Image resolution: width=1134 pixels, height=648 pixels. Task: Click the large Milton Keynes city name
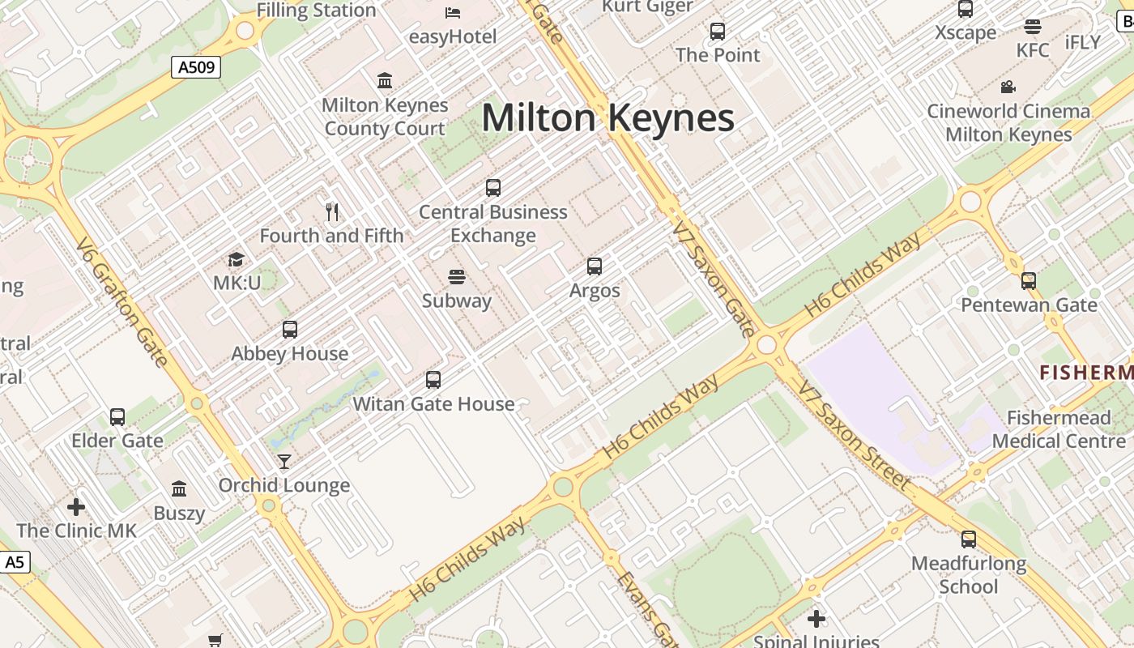click(607, 118)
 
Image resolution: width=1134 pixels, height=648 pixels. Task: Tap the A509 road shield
click(196, 67)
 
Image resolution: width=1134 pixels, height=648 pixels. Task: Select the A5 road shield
click(14, 562)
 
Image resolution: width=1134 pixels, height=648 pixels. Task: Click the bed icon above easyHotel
click(453, 12)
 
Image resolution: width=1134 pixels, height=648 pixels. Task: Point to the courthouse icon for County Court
click(385, 81)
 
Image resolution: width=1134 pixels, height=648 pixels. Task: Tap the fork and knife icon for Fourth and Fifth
click(331, 212)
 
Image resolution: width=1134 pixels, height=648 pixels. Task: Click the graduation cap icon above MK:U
click(236, 260)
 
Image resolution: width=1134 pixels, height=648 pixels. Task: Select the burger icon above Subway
click(457, 277)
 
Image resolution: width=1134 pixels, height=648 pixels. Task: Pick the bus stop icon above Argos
click(595, 266)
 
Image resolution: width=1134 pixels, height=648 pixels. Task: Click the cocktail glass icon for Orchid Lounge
click(284, 462)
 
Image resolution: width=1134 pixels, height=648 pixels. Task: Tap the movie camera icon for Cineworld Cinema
click(1008, 87)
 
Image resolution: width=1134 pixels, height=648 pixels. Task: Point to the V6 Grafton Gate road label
click(123, 301)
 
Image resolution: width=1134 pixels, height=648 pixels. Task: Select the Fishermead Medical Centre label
click(1059, 429)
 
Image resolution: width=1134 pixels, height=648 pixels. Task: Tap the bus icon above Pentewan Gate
click(1029, 281)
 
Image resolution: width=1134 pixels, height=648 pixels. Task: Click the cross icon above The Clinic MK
click(76, 507)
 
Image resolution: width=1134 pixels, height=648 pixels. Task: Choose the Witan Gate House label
click(433, 403)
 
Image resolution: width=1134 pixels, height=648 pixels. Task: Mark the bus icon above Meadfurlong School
click(969, 539)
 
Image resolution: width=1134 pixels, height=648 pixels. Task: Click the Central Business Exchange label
click(492, 224)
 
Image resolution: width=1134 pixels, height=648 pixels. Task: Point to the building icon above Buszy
click(179, 488)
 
